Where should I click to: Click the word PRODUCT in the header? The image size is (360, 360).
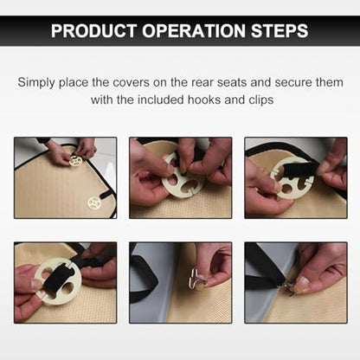(93, 30)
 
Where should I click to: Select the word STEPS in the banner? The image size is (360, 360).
(280, 30)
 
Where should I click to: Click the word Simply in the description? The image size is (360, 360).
(36, 83)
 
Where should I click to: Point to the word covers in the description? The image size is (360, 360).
(132, 82)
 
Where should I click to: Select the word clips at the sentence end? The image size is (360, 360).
(261, 100)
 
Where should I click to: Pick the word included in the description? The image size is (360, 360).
(161, 100)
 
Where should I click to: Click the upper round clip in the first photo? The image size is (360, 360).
(76, 160)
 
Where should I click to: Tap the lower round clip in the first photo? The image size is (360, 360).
(94, 203)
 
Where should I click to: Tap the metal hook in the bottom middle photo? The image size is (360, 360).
(198, 278)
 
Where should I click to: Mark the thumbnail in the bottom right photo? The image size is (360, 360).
(302, 281)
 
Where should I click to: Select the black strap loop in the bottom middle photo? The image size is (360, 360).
(145, 279)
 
